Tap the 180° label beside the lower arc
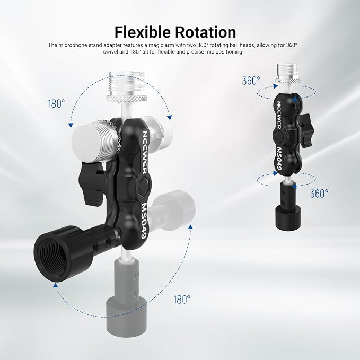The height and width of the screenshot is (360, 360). [x=182, y=300]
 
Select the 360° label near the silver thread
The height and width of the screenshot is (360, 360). [x=251, y=81]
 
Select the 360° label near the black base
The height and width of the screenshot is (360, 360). [x=319, y=194]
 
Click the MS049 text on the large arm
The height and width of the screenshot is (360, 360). [x=144, y=221]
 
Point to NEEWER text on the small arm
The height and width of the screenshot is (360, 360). [x=278, y=115]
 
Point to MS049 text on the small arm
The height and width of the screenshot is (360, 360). [x=279, y=159]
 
